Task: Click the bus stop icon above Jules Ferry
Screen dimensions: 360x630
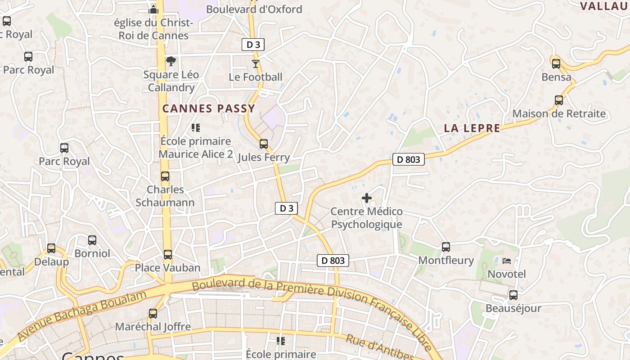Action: point(264,144)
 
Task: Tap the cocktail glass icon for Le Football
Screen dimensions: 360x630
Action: point(256,64)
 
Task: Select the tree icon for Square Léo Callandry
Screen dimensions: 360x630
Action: point(171,61)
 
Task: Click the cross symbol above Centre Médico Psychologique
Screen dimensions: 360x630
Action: point(367,198)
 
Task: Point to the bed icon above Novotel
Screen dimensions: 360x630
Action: point(507,261)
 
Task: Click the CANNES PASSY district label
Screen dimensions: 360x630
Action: point(209,108)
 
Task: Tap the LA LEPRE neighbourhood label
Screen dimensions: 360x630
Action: point(472,128)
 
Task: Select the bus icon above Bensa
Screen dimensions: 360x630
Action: point(556,63)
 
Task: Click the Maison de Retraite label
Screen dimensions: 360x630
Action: point(559,113)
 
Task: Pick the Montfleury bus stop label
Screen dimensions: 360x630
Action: point(446,260)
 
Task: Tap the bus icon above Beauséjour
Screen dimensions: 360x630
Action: point(513,295)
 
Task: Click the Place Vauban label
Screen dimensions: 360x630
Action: point(168,268)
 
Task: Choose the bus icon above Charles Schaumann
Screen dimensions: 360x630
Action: point(165,176)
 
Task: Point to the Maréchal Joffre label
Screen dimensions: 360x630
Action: point(153,327)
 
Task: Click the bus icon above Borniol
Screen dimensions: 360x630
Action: point(92,240)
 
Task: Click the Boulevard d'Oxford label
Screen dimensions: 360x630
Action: point(254,9)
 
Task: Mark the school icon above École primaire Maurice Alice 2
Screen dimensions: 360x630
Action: point(195,128)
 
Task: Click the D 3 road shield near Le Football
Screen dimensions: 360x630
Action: point(253,45)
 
